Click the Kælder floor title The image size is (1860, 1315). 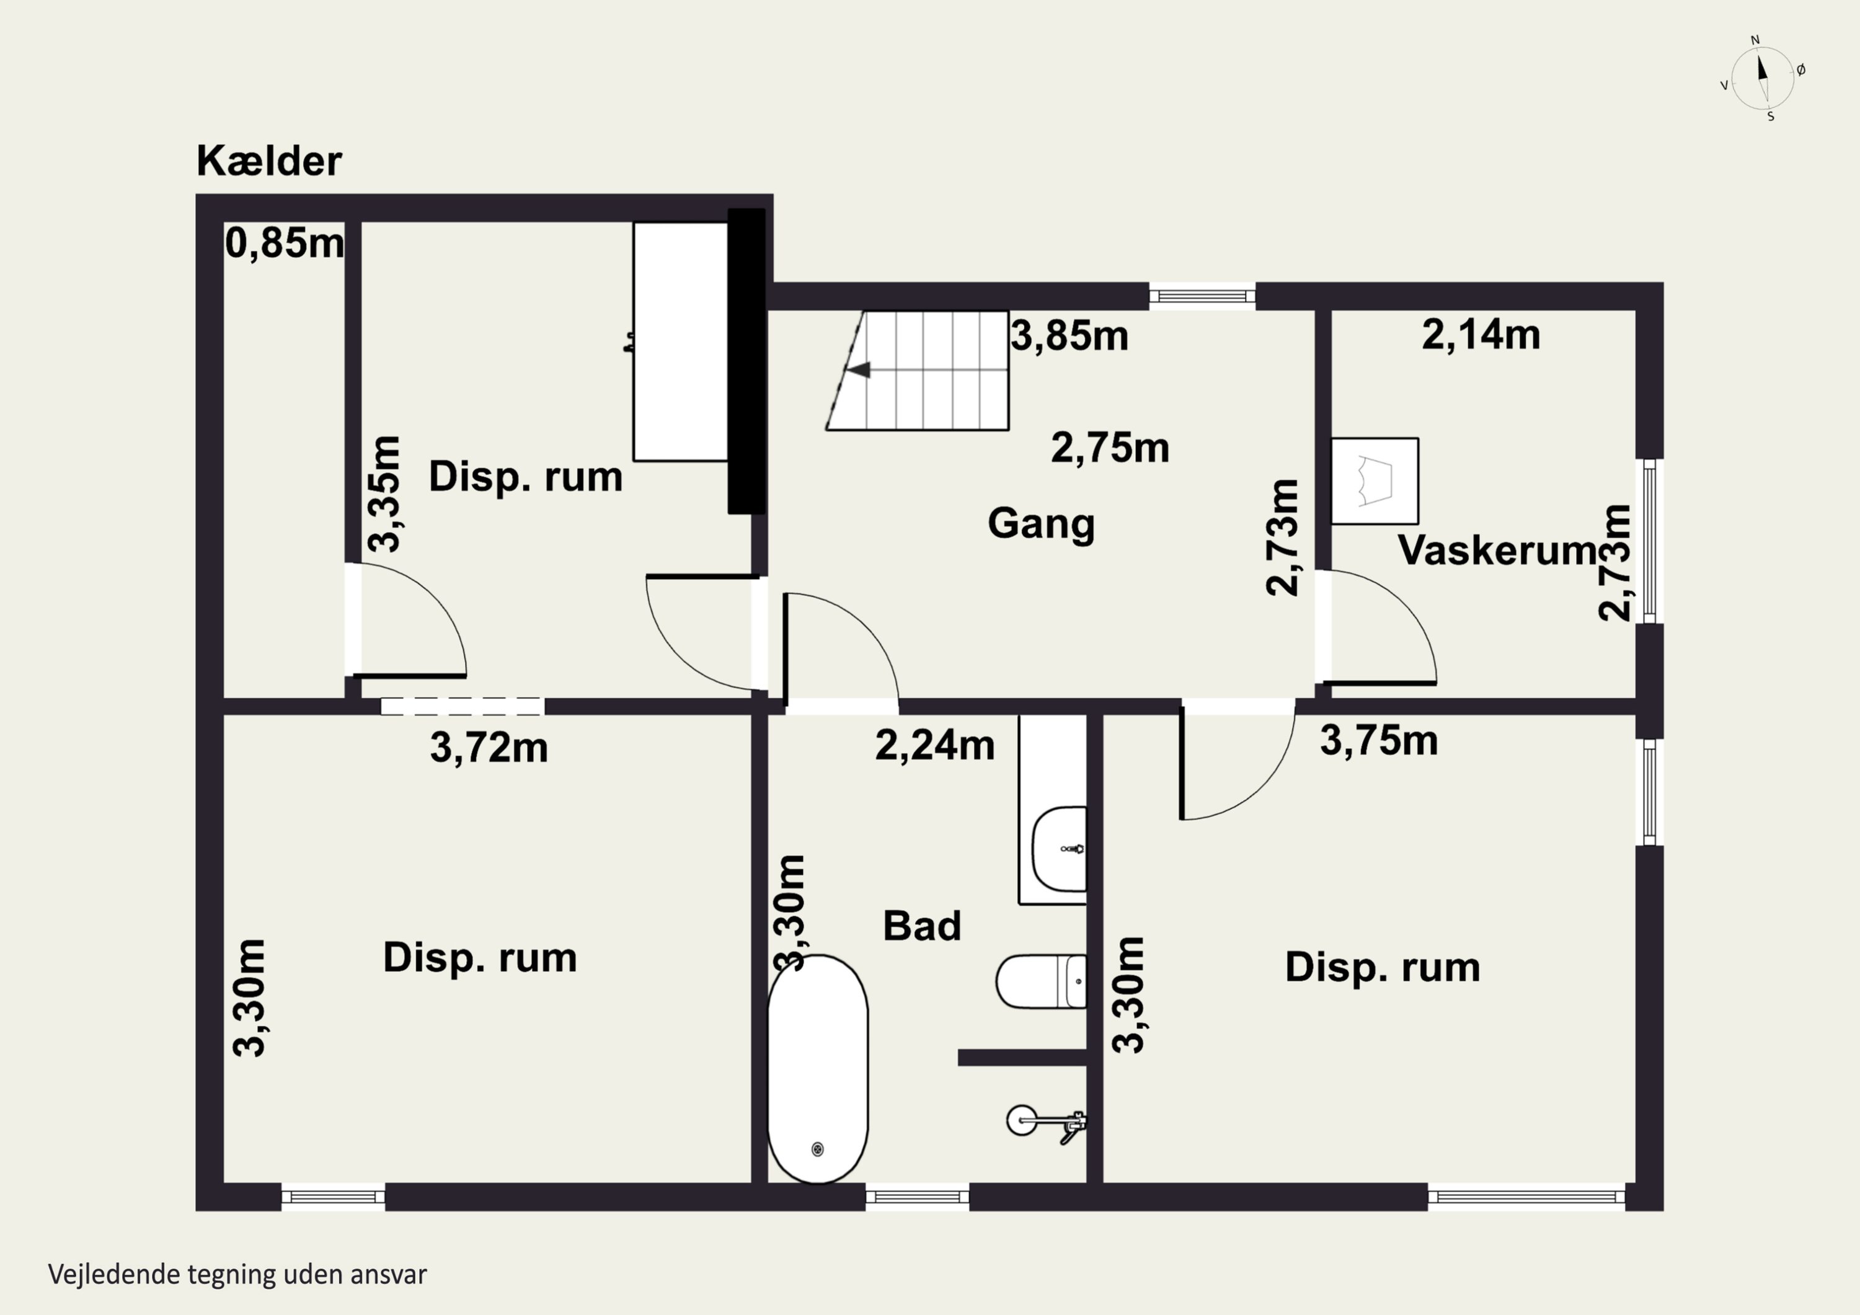click(x=269, y=161)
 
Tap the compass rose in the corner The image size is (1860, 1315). click(x=1763, y=77)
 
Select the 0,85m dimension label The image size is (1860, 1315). click(x=285, y=242)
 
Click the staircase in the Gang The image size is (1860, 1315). click(x=918, y=370)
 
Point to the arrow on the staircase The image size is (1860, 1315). click(x=858, y=370)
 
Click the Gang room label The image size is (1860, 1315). click(x=1041, y=523)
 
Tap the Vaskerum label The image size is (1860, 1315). click(x=1497, y=550)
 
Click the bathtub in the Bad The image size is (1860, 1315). click(x=817, y=1069)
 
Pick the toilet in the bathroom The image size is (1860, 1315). click(x=1042, y=981)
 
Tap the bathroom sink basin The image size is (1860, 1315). click(x=1060, y=849)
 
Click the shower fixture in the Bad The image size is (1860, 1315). click(x=1046, y=1122)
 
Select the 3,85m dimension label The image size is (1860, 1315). click(x=1069, y=335)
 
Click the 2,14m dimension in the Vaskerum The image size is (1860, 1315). click(x=1481, y=335)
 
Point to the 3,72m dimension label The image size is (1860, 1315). click(x=489, y=748)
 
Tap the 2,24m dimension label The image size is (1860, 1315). click(x=935, y=745)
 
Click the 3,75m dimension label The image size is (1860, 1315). click(x=1379, y=740)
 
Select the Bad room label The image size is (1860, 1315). click(x=922, y=926)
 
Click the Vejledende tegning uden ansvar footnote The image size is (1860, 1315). click(x=237, y=1275)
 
